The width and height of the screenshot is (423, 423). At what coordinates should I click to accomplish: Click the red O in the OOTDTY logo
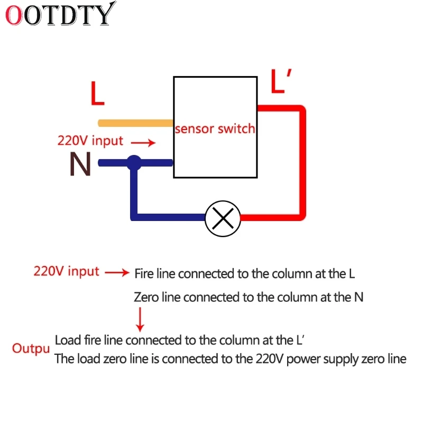[x=14, y=15]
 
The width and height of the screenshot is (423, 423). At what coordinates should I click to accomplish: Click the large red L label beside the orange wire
[x=97, y=94]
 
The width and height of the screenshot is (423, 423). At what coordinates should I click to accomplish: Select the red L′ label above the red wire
[x=281, y=81]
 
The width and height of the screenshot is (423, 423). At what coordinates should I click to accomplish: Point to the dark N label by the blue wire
[x=80, y=164]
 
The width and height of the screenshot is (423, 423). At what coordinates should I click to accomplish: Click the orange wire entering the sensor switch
[x=136, y=123]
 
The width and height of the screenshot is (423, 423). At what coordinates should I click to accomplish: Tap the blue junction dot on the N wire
[x=134, y=163]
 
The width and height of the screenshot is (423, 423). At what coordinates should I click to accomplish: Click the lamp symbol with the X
[x=223, y=219]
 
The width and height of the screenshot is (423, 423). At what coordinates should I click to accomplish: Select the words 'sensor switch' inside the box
[x=215, y=128]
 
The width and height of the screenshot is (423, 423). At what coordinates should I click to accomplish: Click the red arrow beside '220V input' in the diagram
[x=143, y=142]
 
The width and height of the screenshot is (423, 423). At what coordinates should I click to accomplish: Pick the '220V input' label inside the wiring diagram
[x=90, y=141]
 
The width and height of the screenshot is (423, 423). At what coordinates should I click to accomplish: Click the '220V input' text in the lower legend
[x=67, y=271]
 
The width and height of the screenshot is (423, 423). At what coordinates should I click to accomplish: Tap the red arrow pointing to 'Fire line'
[x=117, y=272]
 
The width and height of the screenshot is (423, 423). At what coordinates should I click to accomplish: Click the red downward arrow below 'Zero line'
[x=140, y=320]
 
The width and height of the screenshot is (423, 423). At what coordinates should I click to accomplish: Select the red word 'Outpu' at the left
[x=31, y=348]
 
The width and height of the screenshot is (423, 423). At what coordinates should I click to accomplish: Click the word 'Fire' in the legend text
[x=144, y=273]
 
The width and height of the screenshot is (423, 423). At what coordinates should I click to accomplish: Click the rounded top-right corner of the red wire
[x=301, y=109]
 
